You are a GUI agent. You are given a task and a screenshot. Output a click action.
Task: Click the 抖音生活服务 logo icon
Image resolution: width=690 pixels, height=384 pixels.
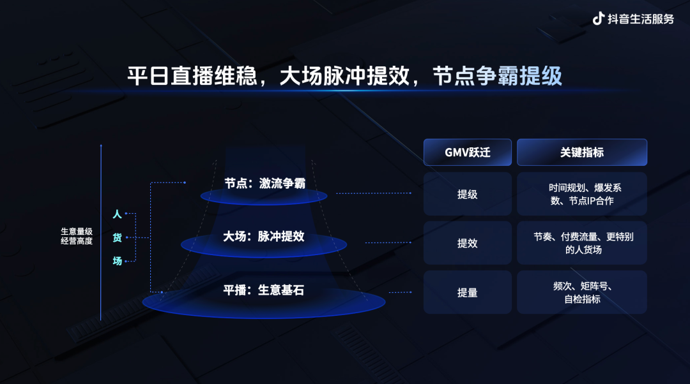point(598,18)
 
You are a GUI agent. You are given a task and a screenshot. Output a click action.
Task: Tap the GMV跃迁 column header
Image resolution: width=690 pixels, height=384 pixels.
point(467,152)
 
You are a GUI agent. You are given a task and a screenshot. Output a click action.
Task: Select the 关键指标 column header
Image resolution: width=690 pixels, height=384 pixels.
point(581,152)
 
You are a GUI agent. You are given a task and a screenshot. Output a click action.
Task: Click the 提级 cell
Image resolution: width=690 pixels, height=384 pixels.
point(467,194)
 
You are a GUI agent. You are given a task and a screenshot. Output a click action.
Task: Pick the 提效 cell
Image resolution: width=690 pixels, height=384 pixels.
point(467,243)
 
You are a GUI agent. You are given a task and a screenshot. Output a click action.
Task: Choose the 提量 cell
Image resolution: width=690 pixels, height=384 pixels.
point(467,292)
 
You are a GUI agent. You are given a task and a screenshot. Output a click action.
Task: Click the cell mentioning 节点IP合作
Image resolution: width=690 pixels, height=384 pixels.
point(581,194)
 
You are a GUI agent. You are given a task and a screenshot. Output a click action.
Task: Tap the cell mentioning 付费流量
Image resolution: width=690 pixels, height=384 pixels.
point(581,243)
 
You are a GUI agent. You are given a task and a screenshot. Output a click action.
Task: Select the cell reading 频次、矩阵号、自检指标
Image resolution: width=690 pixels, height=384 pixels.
point(581,292)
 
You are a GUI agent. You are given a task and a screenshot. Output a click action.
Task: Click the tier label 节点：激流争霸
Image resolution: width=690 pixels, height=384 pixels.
point(264,184)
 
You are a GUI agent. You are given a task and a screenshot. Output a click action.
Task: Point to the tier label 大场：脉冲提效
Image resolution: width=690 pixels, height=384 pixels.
point(263,237)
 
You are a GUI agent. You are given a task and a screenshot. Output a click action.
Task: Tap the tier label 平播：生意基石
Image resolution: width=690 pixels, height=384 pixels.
point(263,290)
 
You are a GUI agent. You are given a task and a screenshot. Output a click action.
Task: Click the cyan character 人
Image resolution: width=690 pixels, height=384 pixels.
point(117,214)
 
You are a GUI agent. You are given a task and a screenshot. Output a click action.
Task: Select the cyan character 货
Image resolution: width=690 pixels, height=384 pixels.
point(117,237)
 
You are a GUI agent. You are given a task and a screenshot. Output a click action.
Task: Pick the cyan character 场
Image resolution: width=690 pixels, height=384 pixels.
point(117,260)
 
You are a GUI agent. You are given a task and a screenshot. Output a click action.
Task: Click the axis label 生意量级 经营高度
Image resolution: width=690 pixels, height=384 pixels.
point(77,236)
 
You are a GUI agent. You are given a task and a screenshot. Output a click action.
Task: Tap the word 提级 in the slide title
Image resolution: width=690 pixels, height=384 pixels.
point(541,77)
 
